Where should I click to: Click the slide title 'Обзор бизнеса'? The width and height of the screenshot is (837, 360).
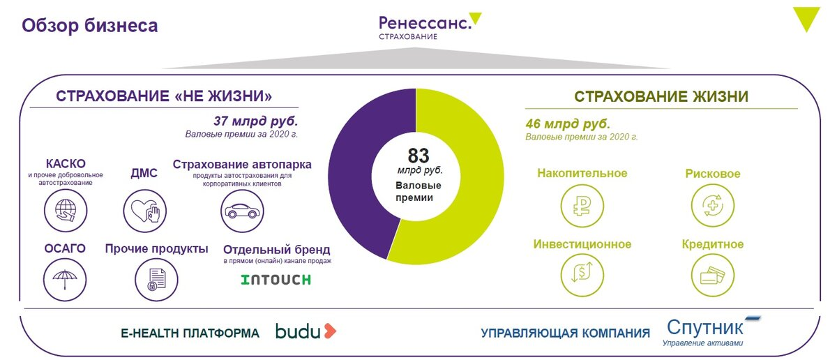(x=90, y=26)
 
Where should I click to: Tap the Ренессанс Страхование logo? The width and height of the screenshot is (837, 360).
(x=430, y=27)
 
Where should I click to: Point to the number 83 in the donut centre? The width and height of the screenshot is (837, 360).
(x=418, y=156)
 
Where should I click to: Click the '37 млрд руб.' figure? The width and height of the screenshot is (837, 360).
(x=255, y=121)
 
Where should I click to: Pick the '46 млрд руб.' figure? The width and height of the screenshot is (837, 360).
(x=568, y=123)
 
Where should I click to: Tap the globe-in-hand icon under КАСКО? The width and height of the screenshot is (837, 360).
(x=66, y=211)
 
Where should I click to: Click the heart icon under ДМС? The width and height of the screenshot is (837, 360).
(x=145, y=211)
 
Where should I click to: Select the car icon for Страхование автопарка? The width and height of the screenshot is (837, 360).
(x=242, y=211)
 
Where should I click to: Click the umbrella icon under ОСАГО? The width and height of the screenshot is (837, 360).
(x=65, y=280)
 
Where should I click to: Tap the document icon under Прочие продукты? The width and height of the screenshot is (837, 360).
(x=156, y=280)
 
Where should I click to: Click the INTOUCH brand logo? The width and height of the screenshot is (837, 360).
(x=276, y=280)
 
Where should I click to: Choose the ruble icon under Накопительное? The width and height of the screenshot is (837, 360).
(x=582, y=206)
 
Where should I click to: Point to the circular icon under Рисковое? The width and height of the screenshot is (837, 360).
(x=713, y=206)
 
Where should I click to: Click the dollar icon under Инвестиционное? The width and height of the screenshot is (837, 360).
(x=582, y=275)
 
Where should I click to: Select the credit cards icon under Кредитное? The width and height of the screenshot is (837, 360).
(x=713, y=275)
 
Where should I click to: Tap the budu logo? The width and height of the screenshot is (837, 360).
(x=306, y=331)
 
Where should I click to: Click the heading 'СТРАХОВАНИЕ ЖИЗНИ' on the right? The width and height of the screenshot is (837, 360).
(x=661, y=96)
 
